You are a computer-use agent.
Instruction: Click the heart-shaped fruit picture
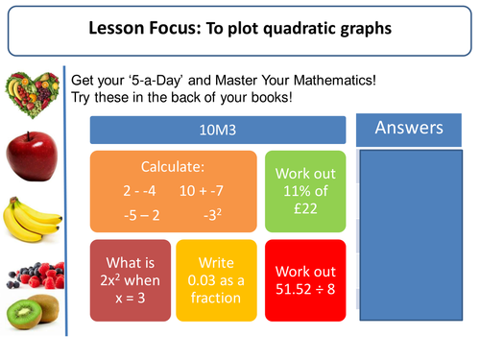31,92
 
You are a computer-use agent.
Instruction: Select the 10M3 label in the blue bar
217,130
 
